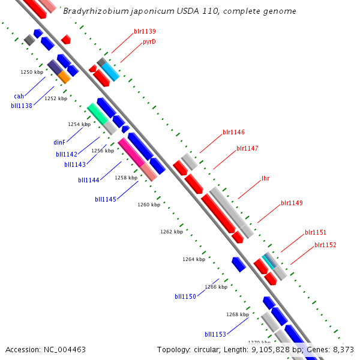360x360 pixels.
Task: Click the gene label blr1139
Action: [145, 31]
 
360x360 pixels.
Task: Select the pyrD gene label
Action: [149, 42]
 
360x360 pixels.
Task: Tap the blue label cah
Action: [19, 96]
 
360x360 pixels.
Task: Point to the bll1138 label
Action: [22, 106]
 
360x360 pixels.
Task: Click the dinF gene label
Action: [59, 143]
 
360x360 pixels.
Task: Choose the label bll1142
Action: [67, 154]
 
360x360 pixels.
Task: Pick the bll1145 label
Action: [106, 199]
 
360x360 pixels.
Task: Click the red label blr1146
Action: [233, 132]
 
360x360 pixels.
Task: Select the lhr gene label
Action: [265, 179]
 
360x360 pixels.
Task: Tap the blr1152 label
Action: [325, 245]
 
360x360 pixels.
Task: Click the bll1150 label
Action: [185, 296]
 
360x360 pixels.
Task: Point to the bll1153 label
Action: [215, 334]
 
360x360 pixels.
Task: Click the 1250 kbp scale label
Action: [32, 72]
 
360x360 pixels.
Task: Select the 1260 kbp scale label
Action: [149, 205]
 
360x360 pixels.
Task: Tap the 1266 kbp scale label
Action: [216, 287]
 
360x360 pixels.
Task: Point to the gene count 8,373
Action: [343, 349]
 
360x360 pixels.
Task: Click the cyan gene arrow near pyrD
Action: [110, 72]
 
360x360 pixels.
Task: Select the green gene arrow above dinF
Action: [97, 112]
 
